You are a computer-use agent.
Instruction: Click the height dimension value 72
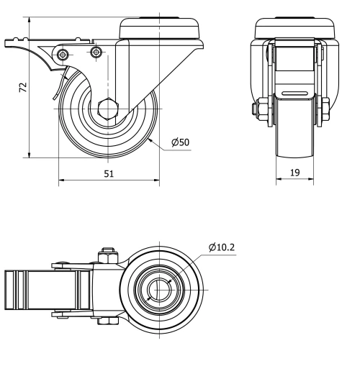[23, 86]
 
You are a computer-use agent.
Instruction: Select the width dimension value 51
[108, 173]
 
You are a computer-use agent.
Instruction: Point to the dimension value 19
[294, 173]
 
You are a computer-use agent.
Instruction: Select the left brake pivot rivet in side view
[64, 55]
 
